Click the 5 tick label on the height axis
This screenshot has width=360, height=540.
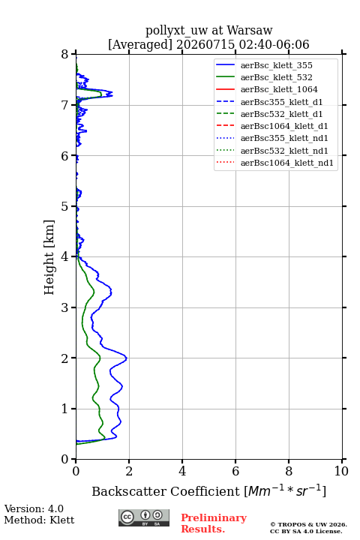pos(65,207)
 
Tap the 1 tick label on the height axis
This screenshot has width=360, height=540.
pos(65,409)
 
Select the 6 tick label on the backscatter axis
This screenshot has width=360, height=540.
pos(235,471)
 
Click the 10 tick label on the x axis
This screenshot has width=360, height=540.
pos(341,471)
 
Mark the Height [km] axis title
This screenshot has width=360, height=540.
pos(49,257)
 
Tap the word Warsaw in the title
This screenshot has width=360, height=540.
pos(250,31)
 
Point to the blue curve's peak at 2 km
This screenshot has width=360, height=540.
pos(127,358)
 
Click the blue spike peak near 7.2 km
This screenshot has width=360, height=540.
pos(112,94)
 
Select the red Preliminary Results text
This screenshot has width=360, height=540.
pos(214,523)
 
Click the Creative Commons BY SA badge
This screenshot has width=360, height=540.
pos(144,518)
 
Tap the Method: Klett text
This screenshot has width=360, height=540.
pos(39,520)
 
